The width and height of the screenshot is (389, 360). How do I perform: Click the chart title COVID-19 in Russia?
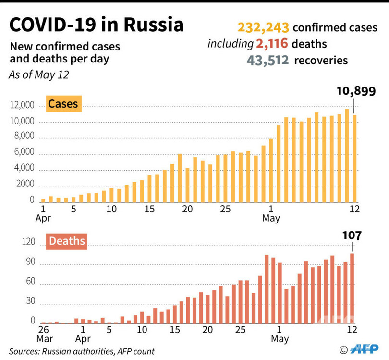(x=96, y=25)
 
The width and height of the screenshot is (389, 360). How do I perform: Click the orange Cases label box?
(x=62, y=103)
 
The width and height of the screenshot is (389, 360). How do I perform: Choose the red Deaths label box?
(x=66, y=241)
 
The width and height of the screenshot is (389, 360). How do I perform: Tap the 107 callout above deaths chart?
(x=352, y=235)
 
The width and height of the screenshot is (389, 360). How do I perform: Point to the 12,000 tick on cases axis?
(x=21, y=106)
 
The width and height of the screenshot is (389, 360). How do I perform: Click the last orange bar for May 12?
(x=354, y=158)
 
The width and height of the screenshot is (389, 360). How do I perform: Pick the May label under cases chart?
(x=271, y=219)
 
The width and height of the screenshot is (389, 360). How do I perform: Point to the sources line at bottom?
(x=82, y=351)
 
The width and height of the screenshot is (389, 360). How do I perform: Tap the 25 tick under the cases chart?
(x=225, y=209)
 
